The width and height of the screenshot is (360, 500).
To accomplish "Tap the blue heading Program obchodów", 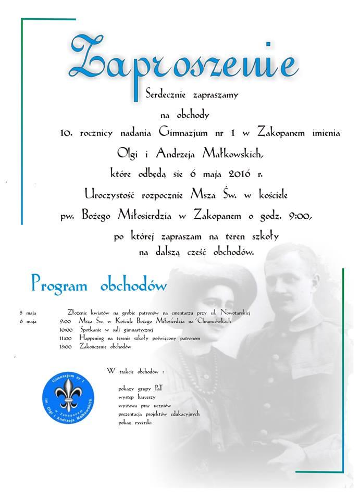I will pyautogui.click(x=98, y=285).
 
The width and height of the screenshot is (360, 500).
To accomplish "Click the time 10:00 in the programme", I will pyautogui.click(x=66, y=330).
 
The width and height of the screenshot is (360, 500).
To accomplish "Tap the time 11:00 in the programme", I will pyautogui.click(x=66, y=338).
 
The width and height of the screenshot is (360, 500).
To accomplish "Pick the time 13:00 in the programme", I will pyautogui.click(x=66, y=346).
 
